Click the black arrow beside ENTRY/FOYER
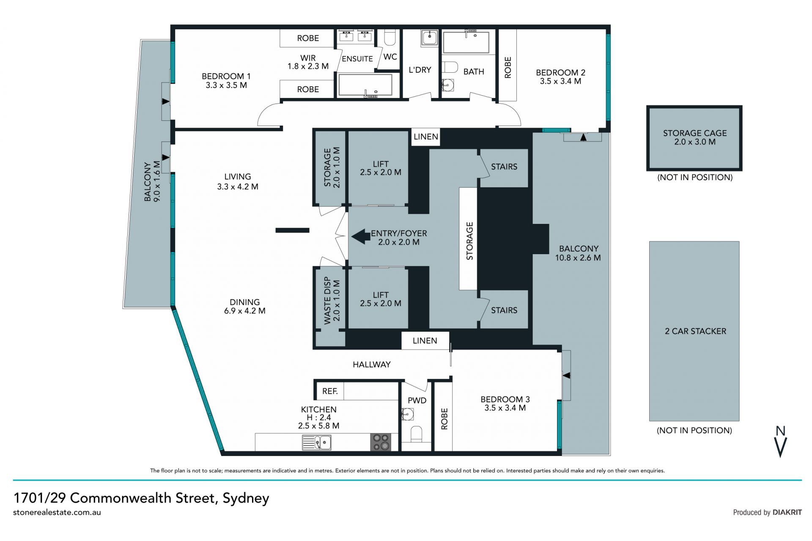click(x=361, y=237)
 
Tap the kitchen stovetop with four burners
click(x=381, y=442)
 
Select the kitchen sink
click(x=317, y=442)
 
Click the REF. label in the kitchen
click(x=330, y=391)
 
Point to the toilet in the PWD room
click(x=416, y=434)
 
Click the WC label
click(x=390, y=57)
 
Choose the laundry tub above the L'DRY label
click(x=429, y=38)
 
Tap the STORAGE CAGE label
click(x=694, y=133)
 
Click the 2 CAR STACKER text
click(x=695, y=331)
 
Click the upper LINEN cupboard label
click(x=425, y=137)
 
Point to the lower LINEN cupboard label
click(x=425, y=341)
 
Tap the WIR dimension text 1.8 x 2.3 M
click(x=308, y=66)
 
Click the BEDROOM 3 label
click(x=505, y=399)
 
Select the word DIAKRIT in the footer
click(x=787, y=512)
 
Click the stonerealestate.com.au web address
click(x=57, y=512)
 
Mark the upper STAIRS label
click(x=504, y=167)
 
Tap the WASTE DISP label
click(x=327, y=301)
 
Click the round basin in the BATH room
click(x=447, y=85)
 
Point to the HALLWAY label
click(x=371, y=365)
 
